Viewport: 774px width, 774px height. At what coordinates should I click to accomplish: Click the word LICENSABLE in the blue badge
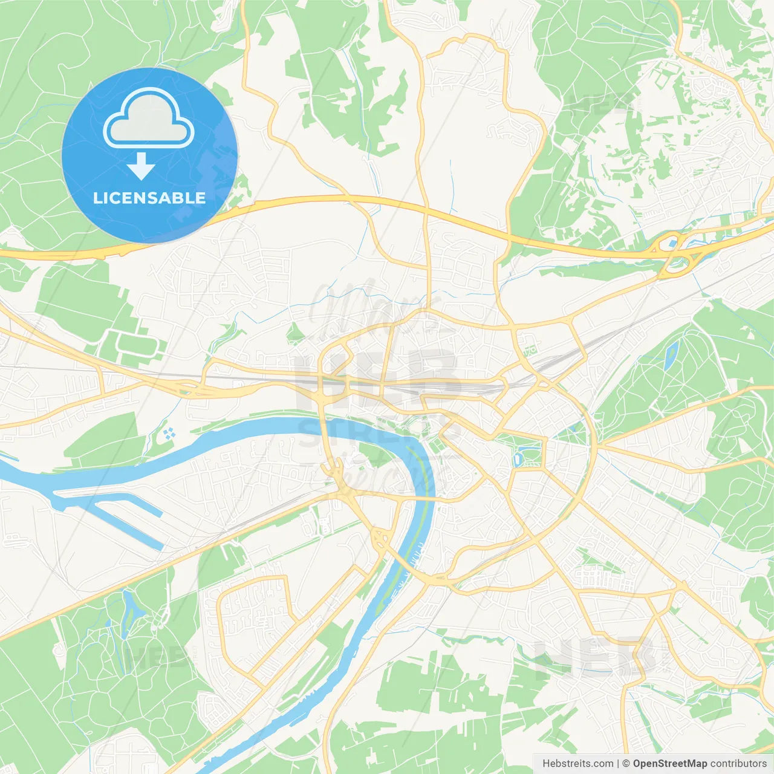coord(149,198)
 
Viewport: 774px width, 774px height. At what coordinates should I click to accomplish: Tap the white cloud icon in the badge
coord(149,119)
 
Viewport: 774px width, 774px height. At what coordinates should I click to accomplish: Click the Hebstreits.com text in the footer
coord(577,764)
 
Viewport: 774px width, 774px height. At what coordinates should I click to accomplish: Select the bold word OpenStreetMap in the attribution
coord(669,764)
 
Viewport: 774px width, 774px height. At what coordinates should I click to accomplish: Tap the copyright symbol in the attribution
coord(626,764)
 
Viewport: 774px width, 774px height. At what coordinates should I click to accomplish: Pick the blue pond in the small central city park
coord(518,458)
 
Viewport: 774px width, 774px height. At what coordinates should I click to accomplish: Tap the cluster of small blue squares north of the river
coord(169,432)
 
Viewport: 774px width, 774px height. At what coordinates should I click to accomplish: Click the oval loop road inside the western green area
coord(141,345)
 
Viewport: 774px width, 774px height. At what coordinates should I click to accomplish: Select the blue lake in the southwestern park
coord(129,605)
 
